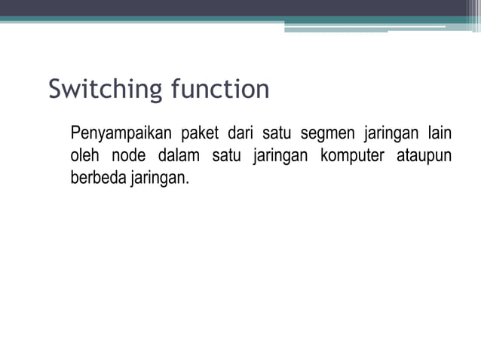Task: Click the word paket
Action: (x=196, y=135)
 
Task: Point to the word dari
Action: (x=239, y=135)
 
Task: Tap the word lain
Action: (x=439, y=135)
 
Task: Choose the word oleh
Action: (x=84, y=157)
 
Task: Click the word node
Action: (x=129, y=157)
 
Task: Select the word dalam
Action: (x=179, y=157)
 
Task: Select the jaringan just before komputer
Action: (x=278, y=157)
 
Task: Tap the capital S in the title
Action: (x=55, y=90)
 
